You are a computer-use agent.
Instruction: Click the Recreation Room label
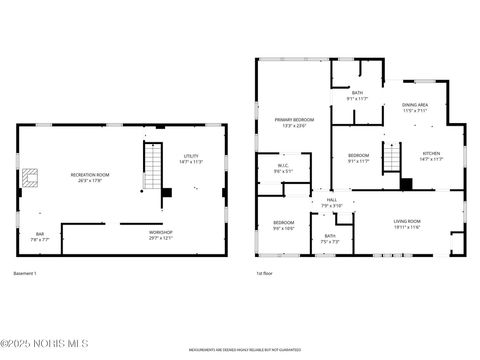point(90,178)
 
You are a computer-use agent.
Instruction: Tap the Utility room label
point(191,158)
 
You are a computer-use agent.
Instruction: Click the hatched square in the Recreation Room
point(31,178)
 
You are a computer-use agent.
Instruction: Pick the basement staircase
point(152,167)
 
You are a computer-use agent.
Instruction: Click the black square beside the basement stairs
point(167,192)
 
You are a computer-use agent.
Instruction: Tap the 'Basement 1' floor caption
point(25,273)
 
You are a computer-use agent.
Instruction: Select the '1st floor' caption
point(265,273)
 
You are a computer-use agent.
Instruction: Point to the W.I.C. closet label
point(283,170)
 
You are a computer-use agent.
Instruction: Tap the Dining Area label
point(415,107)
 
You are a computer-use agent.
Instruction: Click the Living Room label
point(407,224)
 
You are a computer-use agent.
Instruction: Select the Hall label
point(331,203)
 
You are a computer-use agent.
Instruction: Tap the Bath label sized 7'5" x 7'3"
point(329,239)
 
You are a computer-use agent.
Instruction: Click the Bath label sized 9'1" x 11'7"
point(357,97)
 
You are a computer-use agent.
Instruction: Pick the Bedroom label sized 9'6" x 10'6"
point(284,226)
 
